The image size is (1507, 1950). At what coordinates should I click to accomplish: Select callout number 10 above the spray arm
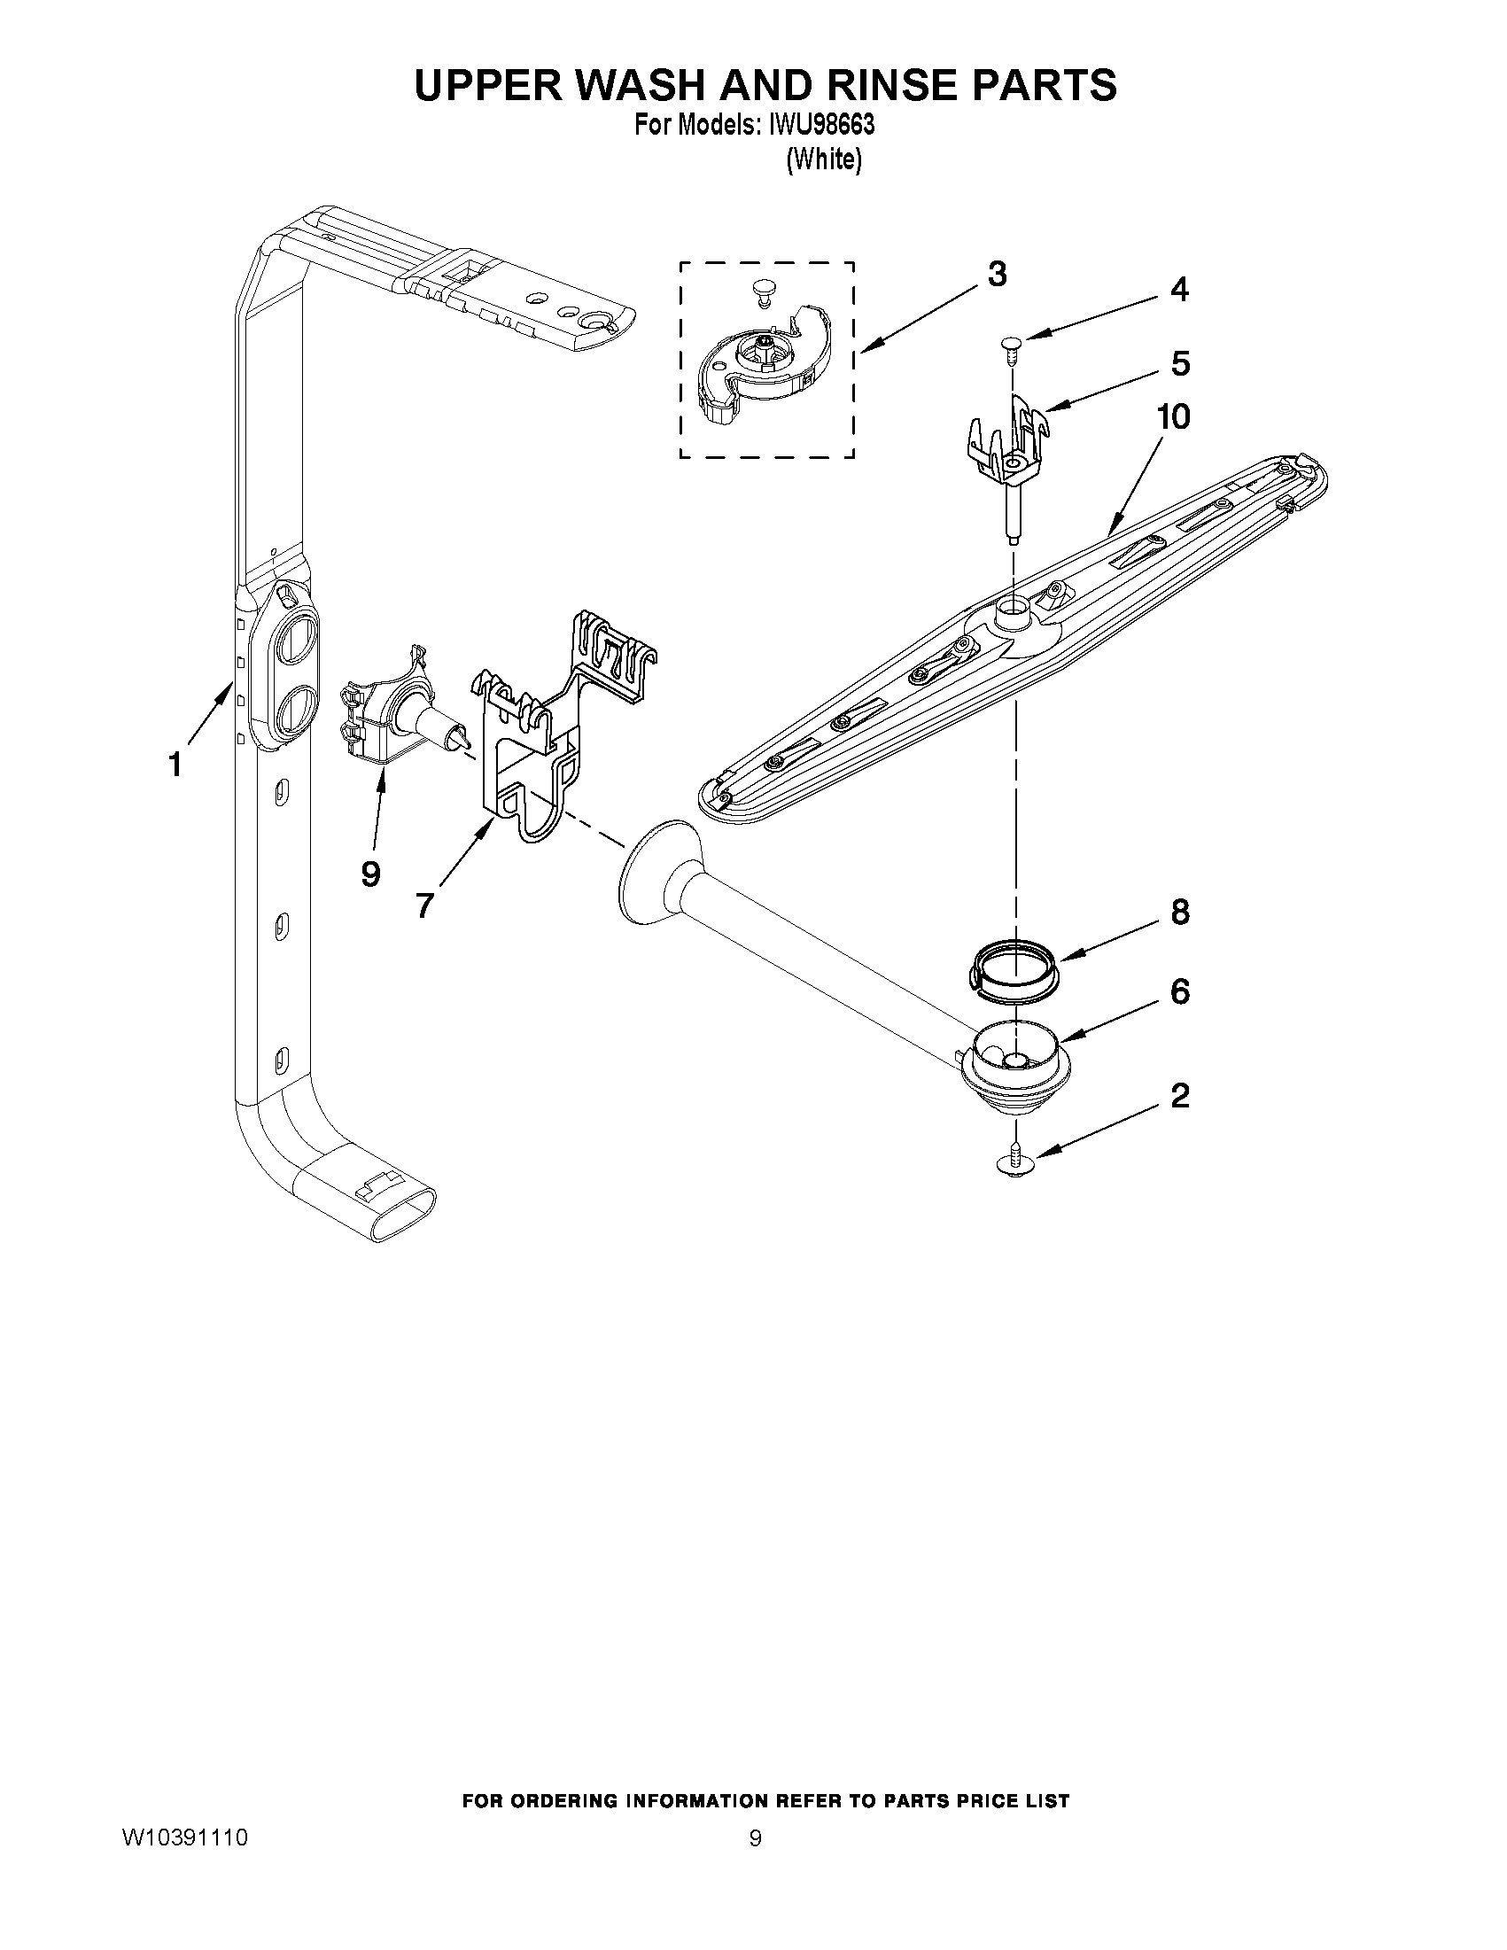[1172, 416]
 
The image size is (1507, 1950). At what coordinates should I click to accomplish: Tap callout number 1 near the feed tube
[175, 765]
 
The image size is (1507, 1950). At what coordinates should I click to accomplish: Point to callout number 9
[370, 874]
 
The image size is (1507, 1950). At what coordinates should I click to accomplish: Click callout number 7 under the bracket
[424, 905]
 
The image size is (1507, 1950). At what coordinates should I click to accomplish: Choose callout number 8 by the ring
[1179, 912]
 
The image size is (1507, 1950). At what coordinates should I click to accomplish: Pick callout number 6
[1179, 991]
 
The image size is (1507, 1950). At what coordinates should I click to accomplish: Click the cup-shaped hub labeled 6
[1013, 1062]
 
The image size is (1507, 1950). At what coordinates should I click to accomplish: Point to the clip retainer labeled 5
[1009, 442]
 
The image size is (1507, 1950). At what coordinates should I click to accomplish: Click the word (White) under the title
[823, 159]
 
